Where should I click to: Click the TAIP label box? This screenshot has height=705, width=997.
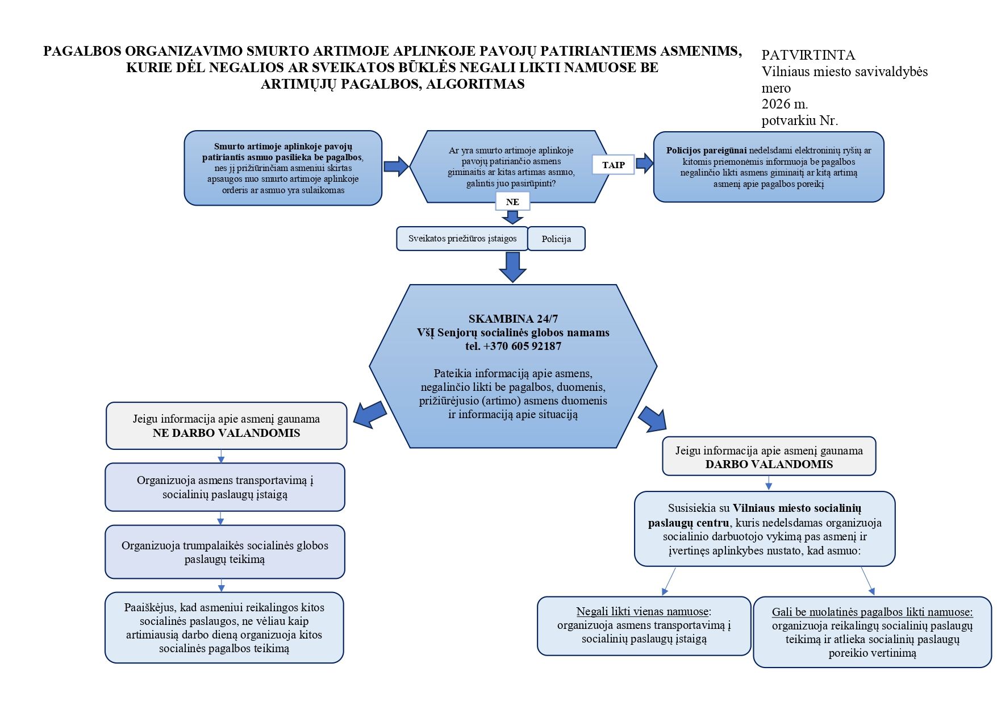(x=613, y=165)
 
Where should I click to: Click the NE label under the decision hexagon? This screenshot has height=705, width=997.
(x=512, y=202)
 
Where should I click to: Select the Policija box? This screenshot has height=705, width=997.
(x=556, y=239)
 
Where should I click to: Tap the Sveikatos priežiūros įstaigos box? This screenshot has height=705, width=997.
(x=462, y=239)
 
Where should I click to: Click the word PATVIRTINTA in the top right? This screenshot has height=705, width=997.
(x=808, y=55)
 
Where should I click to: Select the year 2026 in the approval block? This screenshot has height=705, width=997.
(x=777, y=104)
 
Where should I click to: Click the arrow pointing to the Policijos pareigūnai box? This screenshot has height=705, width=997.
(x=644, y=163)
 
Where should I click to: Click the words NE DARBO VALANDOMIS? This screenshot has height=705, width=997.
(x=226, y=433)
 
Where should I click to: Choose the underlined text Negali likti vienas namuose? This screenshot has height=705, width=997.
(x=643, y=612)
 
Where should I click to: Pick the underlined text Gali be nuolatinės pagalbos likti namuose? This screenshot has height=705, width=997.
(x=872, y=612)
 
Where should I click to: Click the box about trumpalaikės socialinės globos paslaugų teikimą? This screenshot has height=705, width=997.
(x=225, y=552)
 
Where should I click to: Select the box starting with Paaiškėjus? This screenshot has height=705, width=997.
(x=224, y=628)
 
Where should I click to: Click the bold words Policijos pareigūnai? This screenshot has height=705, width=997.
(x=707, y=151)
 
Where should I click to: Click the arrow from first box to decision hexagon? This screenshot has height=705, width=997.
(x=396, y=166)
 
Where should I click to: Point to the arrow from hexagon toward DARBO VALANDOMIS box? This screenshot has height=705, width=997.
(x=652, y=419)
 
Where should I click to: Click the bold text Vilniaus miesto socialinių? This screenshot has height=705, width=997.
(x=797, y=508)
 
